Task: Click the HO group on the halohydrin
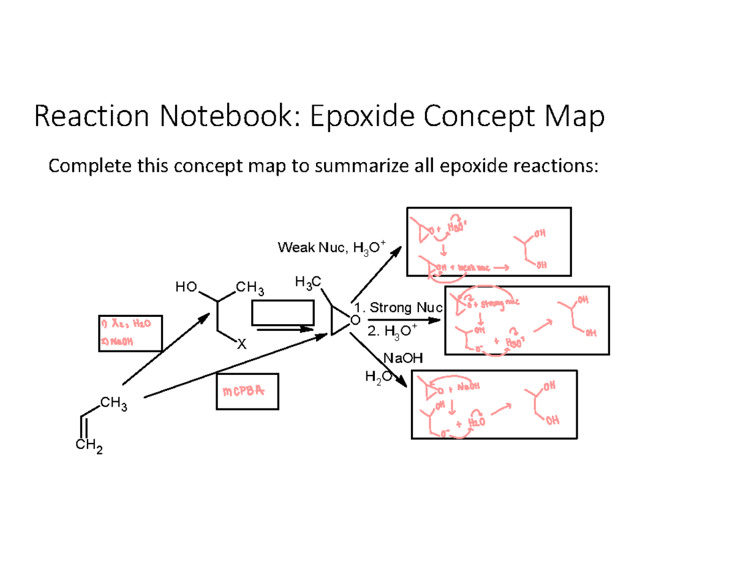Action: tap(184, 286)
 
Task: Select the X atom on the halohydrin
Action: tap(241, 346)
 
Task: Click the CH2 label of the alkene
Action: tap(89, 450)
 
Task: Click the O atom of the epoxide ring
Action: tap(356, 320)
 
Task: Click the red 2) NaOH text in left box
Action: tap(117, 343)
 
